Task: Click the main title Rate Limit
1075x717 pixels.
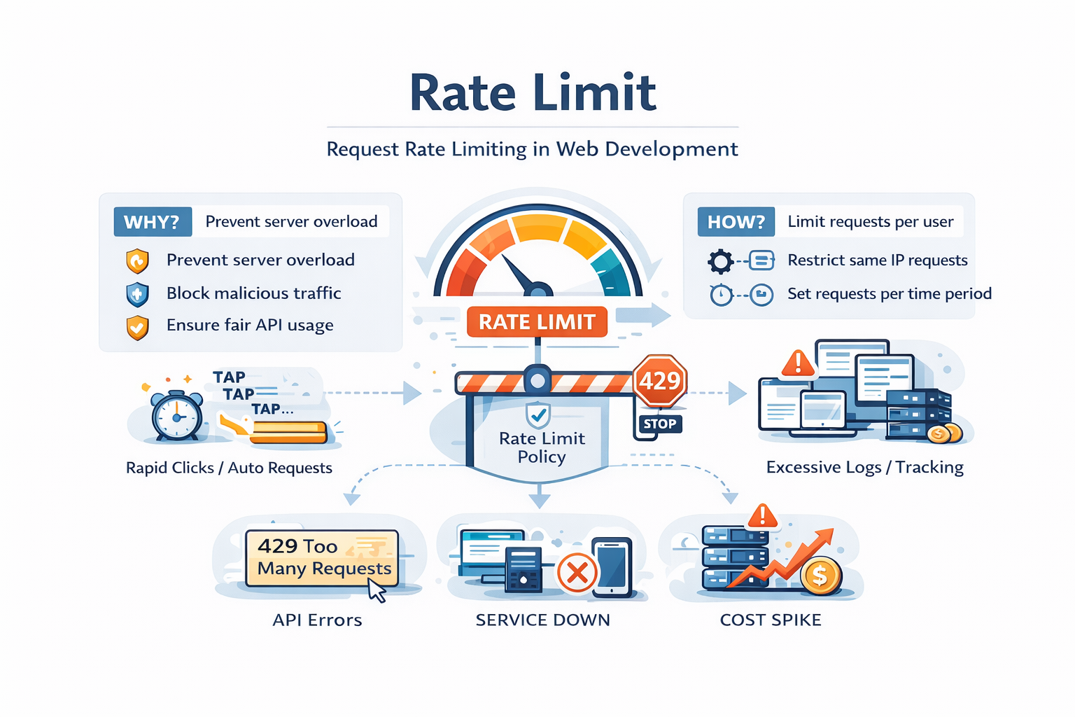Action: [533, 93]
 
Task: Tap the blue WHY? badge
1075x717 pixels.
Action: [152, 222]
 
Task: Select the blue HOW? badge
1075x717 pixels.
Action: [736, 222]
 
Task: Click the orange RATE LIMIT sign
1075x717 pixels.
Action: [537, 322]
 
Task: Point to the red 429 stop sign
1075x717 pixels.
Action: [659, 381]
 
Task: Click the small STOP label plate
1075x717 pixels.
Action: [659, 424]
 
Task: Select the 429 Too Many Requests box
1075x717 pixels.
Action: [322, 557]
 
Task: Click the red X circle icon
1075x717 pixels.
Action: [577, 573]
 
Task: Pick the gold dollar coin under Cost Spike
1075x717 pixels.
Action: [820, 576]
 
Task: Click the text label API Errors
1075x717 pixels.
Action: [317, 620]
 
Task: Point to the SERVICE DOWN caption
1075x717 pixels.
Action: [542, 620]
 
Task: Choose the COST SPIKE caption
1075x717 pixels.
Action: [771, 620]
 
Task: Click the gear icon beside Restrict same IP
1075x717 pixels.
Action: [720, 261]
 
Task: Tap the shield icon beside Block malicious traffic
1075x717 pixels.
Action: [137, 294]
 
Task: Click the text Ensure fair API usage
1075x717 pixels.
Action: [250, 326]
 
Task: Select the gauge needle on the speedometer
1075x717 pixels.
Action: [521, 275]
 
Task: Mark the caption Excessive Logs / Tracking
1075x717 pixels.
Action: [864, 467]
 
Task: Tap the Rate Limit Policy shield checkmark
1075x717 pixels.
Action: [537, 415]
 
